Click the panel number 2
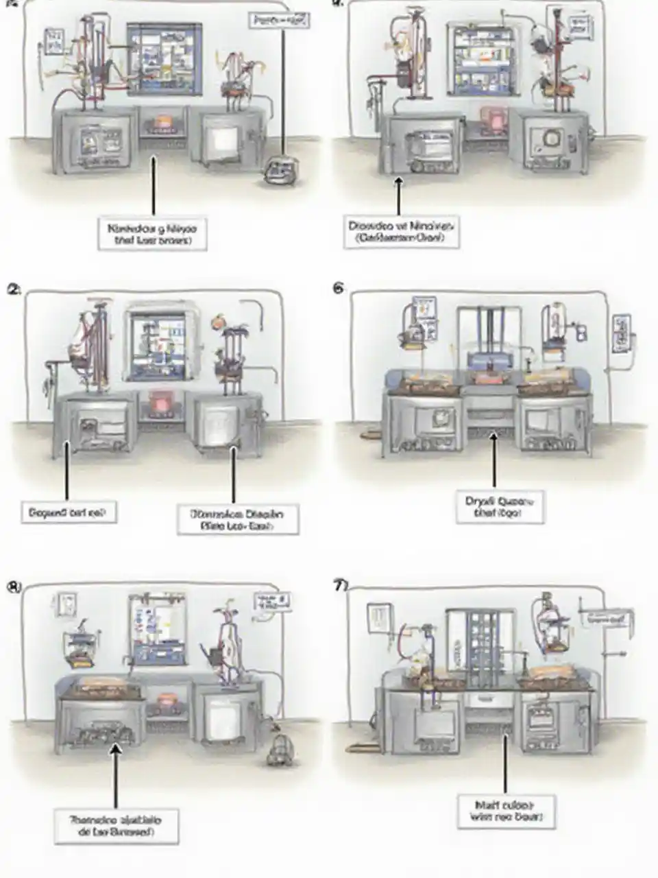(x=13, y=289)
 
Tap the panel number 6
(x=338, y=289)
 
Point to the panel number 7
(x=340, y=586)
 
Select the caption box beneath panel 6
(x=500, y=508)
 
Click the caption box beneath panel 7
(x=504, y=810)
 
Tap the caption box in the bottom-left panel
(x=116, y=825)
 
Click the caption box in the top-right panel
(x=401, y=232)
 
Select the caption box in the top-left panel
(x=152, y=234)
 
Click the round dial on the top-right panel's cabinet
(x=550, y=139)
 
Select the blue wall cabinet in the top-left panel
(x=164, y=58)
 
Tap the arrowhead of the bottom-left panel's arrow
(x=115, y=750)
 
